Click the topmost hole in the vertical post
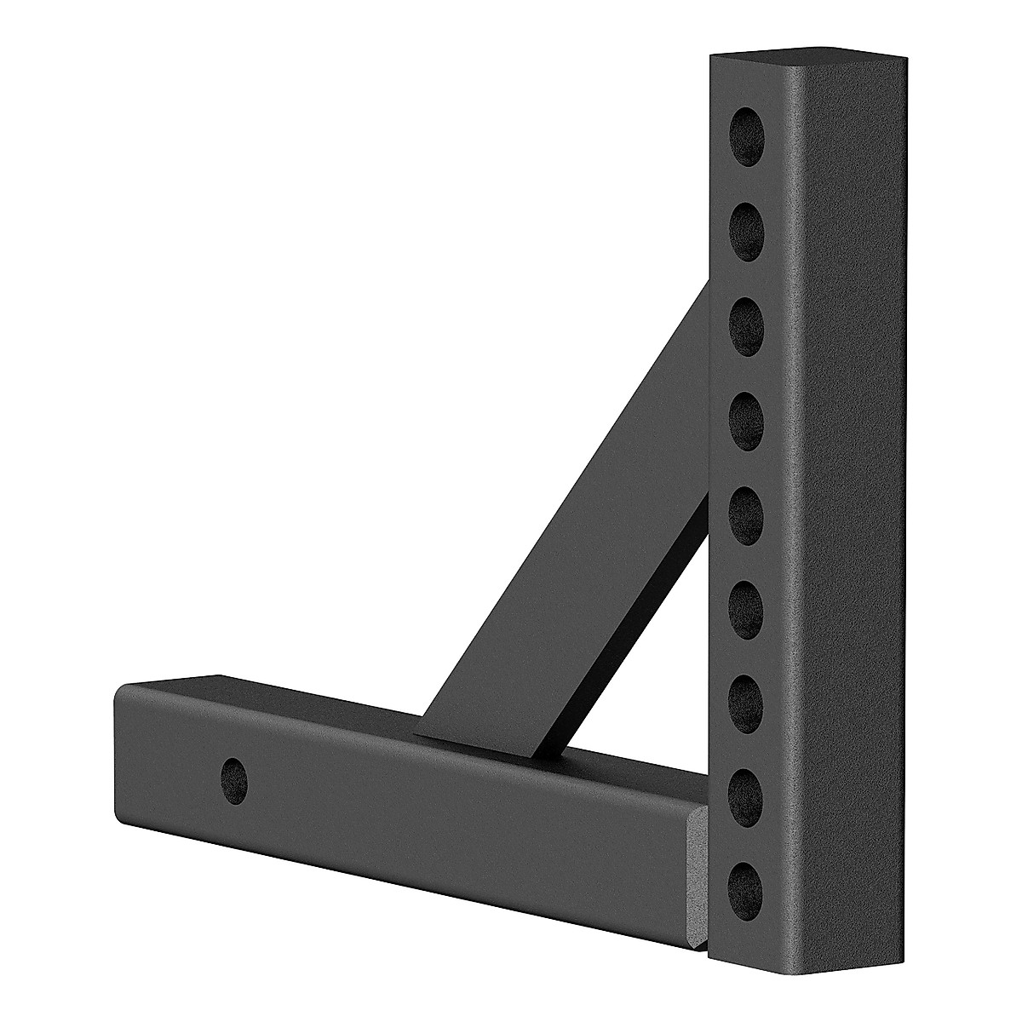click(747, 129)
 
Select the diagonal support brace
click(579, 528)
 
